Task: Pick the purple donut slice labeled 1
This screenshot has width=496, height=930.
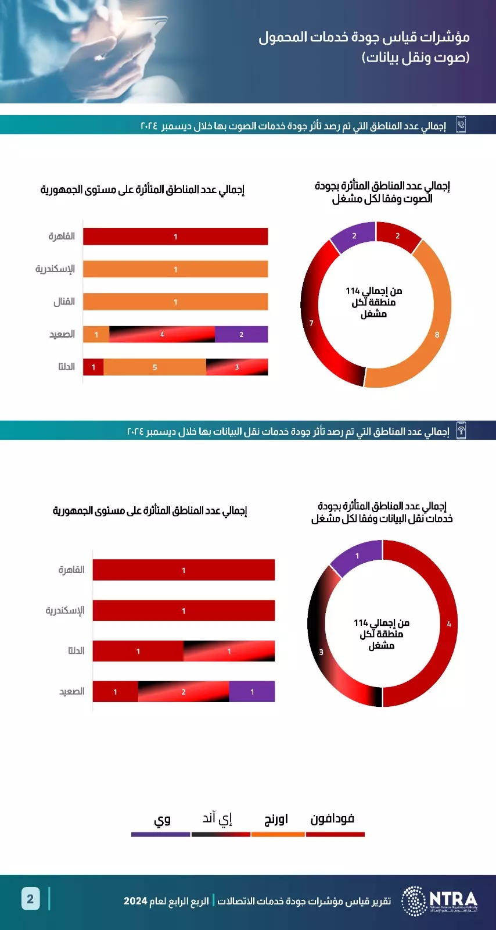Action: click(x=357, y=557)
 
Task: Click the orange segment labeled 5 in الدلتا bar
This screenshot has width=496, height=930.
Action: click(x=154, y=367)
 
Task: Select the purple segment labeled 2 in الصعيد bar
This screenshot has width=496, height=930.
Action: click(x=241, y=334)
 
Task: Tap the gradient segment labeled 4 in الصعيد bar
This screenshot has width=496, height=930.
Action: click(x=162, y=334)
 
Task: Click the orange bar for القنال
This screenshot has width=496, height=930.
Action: click(x=175, y=302)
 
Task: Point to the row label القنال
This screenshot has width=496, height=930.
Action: click(x=64, y=302)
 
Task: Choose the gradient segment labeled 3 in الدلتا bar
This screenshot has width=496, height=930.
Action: click(x=236, y=367)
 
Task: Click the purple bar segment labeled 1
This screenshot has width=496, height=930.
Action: click(x=251, y=692)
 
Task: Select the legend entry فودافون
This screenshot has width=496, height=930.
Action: click(x=332, y=819)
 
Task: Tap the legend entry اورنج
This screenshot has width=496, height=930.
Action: click(x=276, y=819)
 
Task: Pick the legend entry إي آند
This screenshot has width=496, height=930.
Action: click(x=218, y=819)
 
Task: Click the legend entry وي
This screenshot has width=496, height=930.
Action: click(x=162, y=820)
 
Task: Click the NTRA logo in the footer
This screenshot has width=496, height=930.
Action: click(x=440, y=900)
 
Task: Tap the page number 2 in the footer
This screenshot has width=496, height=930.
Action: click(x=30, y=899)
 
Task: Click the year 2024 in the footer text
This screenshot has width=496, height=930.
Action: click(x=135, y=901)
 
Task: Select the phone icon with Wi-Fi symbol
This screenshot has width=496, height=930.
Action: click(x=461, y=431)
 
